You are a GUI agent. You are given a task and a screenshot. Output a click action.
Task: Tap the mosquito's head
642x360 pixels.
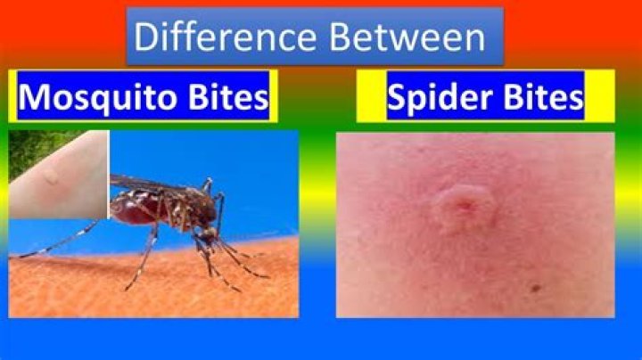pos(206,233)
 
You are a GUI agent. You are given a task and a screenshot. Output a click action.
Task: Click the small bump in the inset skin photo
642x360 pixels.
pos(52,177)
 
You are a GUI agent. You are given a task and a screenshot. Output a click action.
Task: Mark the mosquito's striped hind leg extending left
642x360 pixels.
pos(62,241)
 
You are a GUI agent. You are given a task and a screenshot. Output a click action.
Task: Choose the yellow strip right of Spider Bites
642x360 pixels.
pos(599,96)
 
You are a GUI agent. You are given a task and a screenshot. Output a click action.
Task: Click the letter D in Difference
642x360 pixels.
pos(145,37)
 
